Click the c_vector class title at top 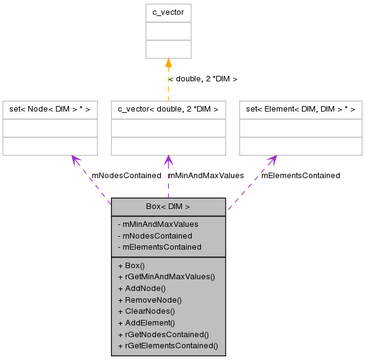click(x=168, y=13)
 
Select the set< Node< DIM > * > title click(x=50, y=110)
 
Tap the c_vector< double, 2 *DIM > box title click(x=168, y=110)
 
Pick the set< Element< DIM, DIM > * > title click(x=300, y=110)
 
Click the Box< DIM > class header click(x=168, y=207)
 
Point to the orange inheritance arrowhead click(x=168, y=63)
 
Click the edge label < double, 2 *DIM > click(x=202, y=79)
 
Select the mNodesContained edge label click(x=126, y=175)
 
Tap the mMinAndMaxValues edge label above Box click(x=205, y=175)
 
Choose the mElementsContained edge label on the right click(x=300, y=175)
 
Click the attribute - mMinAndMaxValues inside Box click(x=158, y=224)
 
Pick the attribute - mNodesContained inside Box click(x=155, y=235)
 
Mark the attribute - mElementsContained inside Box click(x=159, y=247)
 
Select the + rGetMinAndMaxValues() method click(x=166, y=277)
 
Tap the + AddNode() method click(x=142, y=288)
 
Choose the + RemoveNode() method click(x=149, y=299)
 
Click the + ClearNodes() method click(x=146, y=311)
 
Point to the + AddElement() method click(x=146, y=322)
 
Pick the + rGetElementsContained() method click(x=167, y=345)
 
